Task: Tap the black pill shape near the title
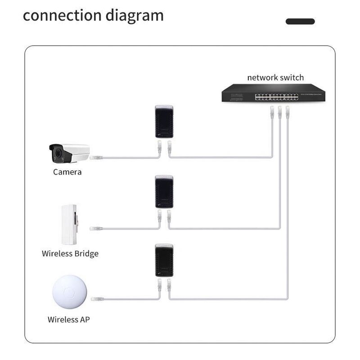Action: [300, 21]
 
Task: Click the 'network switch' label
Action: [275, 77]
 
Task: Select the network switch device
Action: [261, 94]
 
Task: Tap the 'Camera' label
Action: [67, 172]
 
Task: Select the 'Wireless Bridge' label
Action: [70, 253]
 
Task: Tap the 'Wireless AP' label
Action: [69, 320]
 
